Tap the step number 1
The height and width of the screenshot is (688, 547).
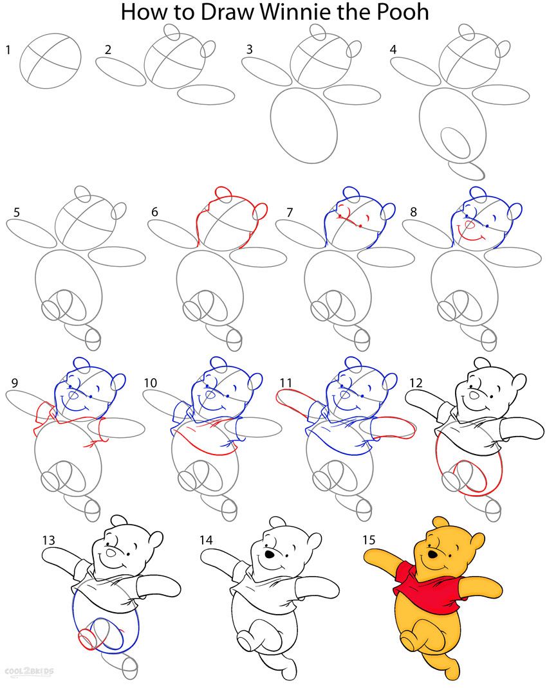8,49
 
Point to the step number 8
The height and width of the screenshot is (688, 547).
413,212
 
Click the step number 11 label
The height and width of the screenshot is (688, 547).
286,383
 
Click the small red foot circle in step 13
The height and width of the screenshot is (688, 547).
87,639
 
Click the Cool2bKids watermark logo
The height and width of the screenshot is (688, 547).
30,671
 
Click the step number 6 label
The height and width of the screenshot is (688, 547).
154,212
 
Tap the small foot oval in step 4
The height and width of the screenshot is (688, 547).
466,170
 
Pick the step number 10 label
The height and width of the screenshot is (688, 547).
150,383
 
